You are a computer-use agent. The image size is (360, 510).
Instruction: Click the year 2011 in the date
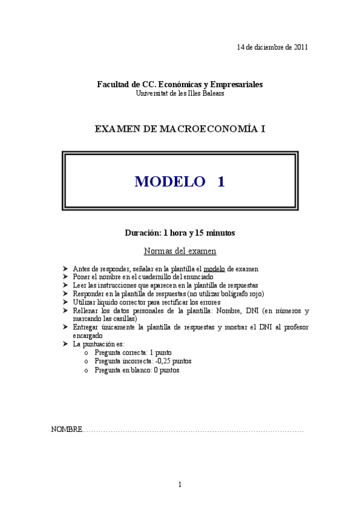[x=301, y=48]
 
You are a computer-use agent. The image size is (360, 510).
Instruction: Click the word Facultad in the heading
[x=112, y=85]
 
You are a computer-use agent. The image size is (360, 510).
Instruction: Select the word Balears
[x=213, y=94]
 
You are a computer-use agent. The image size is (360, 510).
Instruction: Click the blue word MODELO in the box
[x=169, y=182]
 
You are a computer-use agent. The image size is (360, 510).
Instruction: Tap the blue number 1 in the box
[x=221, y=182]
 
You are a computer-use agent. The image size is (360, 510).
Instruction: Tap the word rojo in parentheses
[x=255, y=293]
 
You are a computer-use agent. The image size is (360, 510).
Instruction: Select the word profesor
[x=296, y=327]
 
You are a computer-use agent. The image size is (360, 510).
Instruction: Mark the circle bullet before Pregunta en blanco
[x=87, y=370]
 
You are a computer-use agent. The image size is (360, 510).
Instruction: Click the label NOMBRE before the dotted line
[x=66, y=430]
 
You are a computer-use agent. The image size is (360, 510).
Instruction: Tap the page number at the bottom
[x=180, y=485]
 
